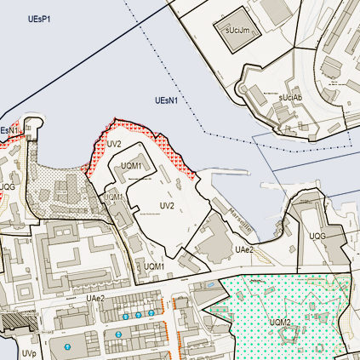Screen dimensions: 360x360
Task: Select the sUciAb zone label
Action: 290,97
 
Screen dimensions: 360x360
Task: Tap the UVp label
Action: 29,351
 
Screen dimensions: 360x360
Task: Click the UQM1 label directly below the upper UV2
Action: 131,165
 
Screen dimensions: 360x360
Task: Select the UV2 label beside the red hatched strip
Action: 115,143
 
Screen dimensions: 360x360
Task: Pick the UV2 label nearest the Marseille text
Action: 167,206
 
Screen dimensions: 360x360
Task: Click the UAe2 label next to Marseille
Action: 244,249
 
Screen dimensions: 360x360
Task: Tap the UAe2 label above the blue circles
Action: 94,298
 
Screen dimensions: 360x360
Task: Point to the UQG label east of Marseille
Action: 317,236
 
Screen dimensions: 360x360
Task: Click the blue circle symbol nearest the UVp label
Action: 67,347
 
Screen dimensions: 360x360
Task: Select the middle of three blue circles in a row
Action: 138,315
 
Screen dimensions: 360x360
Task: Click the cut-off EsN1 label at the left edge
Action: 8,130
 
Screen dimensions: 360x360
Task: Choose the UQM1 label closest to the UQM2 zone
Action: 153,266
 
